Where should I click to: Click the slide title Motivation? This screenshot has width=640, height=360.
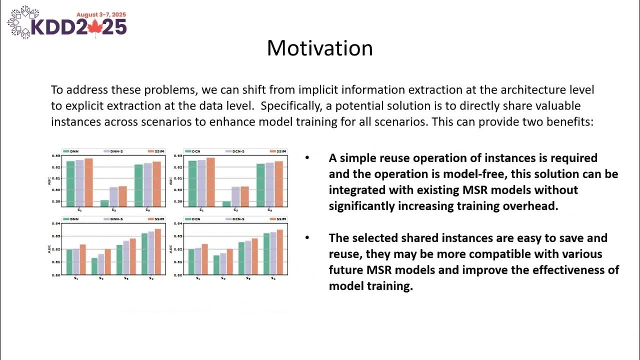(x=319, y=48)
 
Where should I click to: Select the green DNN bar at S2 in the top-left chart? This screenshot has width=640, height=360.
(x=104, y=203)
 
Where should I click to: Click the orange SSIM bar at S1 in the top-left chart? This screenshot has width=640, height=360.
(x=88, y=182)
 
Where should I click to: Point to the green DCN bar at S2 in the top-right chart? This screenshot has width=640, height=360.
(x=226, y=203)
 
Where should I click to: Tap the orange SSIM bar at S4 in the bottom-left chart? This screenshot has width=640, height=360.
(x=157, y=251)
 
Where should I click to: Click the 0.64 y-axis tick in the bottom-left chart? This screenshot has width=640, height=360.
(x=55, y=223)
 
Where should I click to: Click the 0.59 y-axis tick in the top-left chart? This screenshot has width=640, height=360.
(x=55, y=201)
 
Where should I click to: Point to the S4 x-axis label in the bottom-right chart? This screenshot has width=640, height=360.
(x=273, y=278)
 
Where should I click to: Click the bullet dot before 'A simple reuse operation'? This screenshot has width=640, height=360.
(x=307, y=158)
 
